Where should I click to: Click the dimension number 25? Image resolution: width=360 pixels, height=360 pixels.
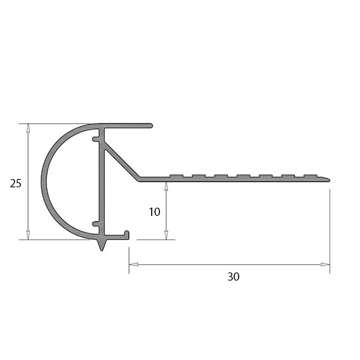[17, 183]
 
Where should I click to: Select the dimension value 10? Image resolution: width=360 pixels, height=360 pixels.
[154, 212]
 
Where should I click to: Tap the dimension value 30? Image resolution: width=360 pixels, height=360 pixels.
[233, 277]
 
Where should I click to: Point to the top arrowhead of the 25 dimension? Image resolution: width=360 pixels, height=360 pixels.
[28, 127]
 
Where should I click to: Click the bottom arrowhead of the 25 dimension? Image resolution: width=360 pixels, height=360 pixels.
[28, 236]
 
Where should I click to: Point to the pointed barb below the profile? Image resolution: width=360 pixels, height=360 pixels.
[102, 245]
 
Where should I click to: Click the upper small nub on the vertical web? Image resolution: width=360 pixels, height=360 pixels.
[95, 138]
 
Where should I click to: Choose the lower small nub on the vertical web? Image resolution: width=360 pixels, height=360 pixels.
[95, 223]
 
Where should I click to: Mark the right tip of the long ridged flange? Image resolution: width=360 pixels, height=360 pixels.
[330, 179]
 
